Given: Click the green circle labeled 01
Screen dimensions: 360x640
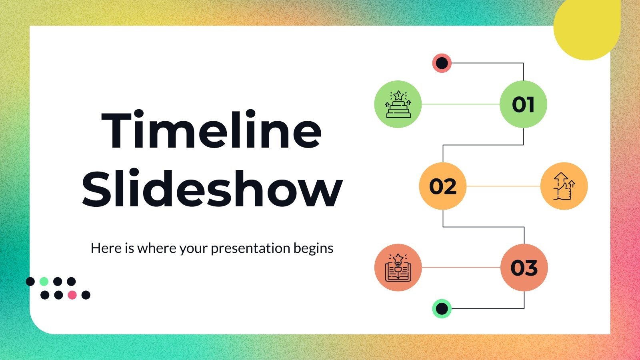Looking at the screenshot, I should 523,104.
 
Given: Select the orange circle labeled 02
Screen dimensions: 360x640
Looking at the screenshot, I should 443,186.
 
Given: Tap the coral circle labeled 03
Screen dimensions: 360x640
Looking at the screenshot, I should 524,268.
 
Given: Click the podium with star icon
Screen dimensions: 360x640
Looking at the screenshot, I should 398,104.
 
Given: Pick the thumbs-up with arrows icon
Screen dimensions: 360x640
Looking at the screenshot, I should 564,186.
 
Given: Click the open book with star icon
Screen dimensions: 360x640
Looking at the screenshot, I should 398,268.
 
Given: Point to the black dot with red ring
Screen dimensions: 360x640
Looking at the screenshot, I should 442,63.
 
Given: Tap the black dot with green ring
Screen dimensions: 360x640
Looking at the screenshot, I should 442,309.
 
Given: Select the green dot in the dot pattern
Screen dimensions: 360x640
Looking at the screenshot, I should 44,282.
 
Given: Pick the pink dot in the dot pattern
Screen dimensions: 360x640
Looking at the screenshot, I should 72,295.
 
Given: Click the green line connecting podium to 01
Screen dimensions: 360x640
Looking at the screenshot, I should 460,104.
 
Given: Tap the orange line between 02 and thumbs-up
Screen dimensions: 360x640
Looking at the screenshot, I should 503,186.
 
